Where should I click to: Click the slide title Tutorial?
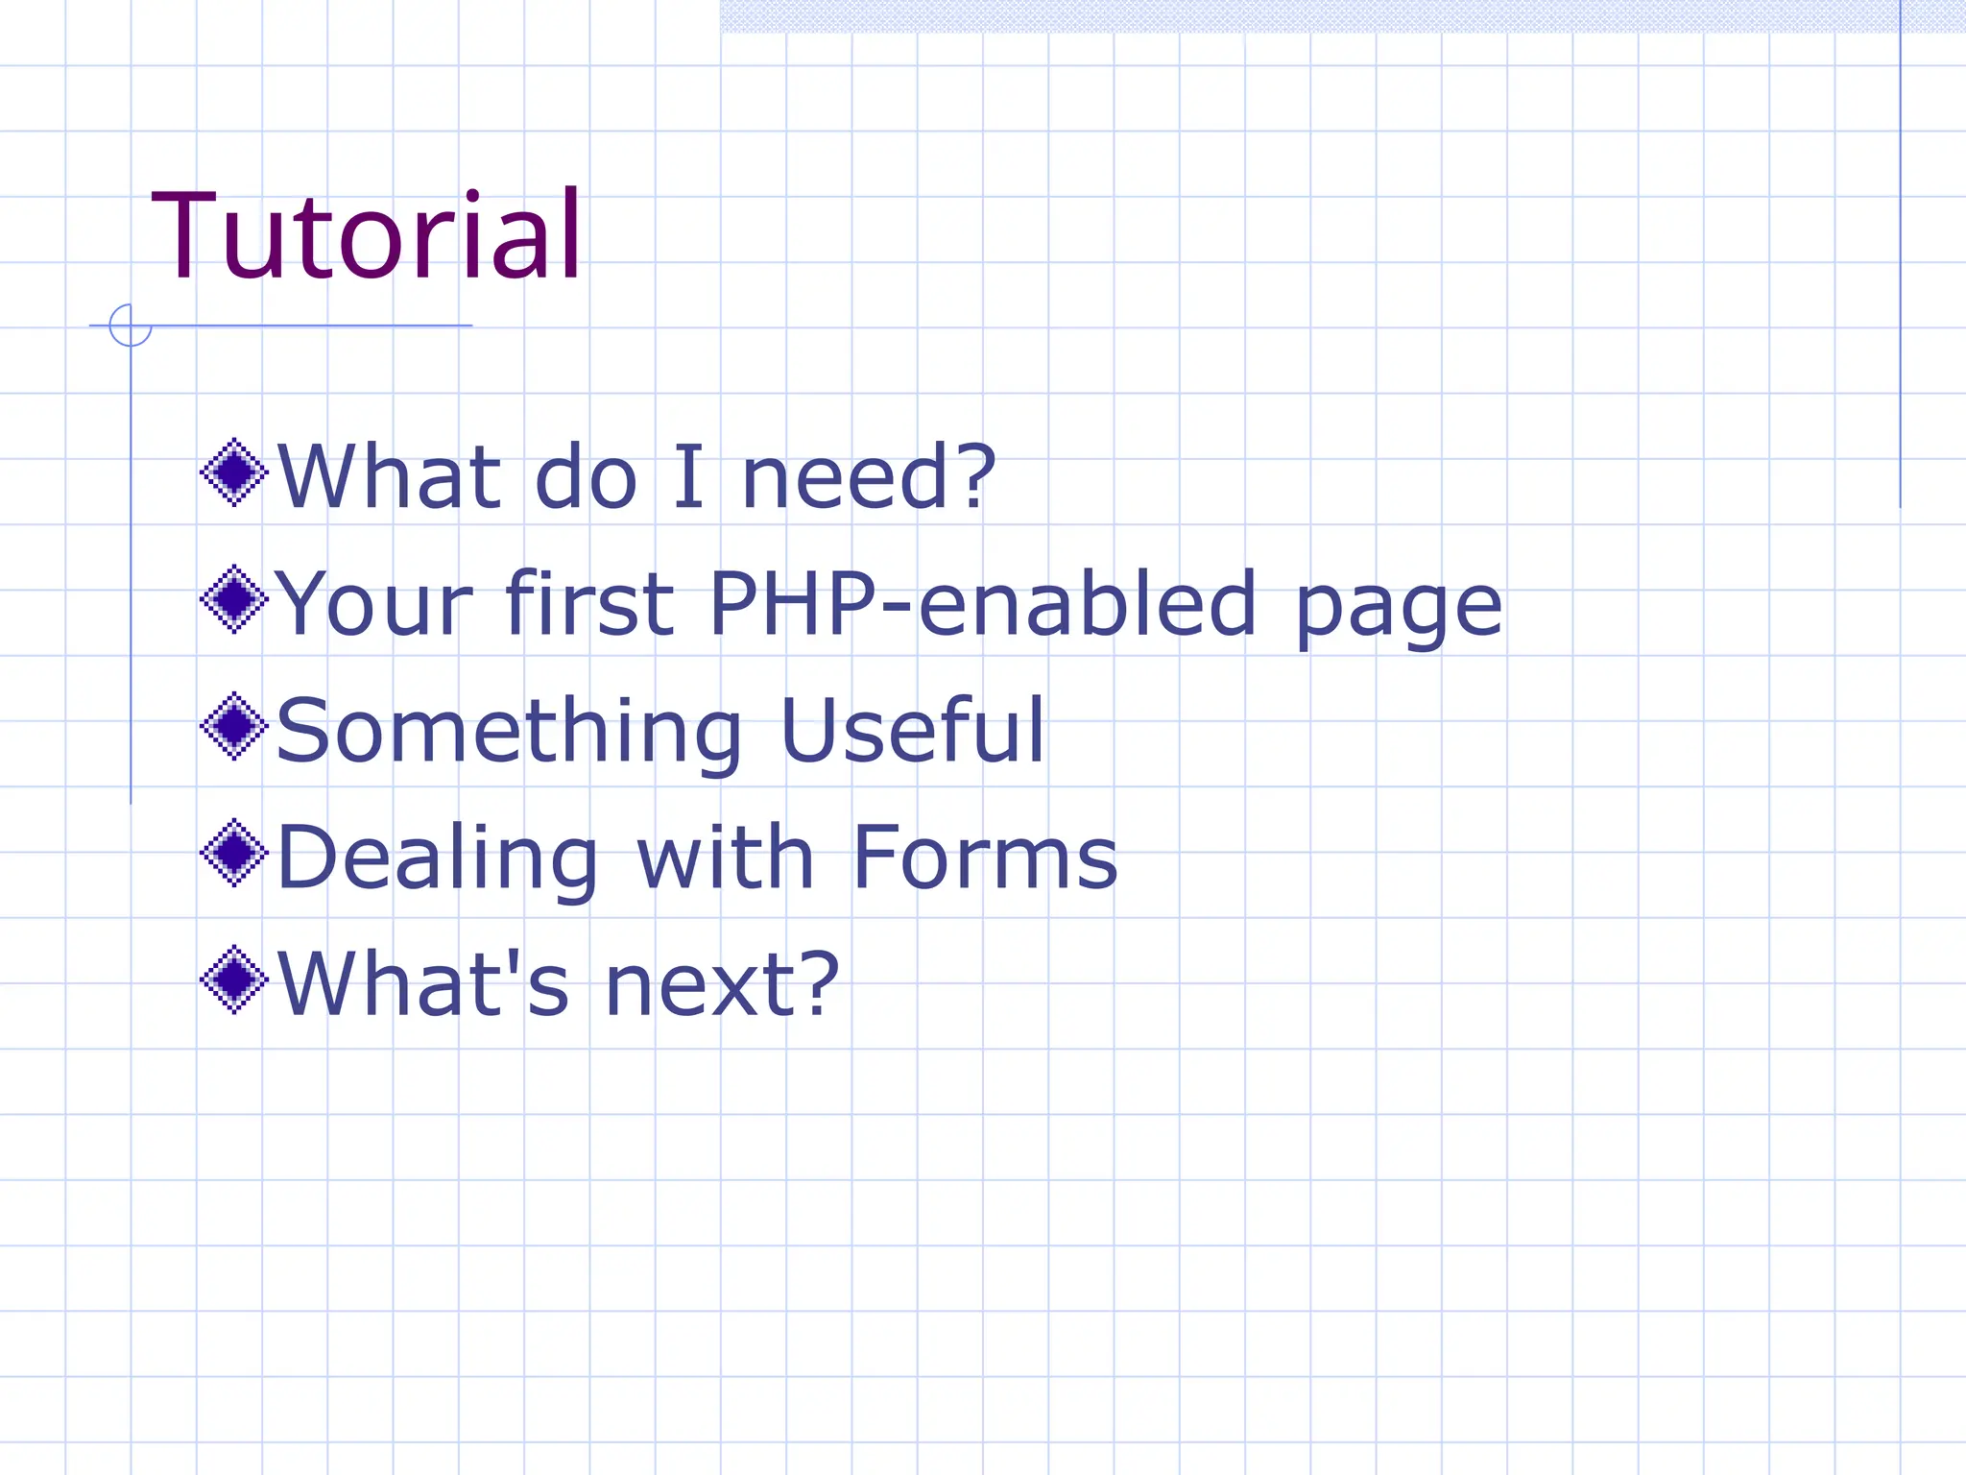click(367, 236)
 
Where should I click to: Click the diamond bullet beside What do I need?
click(233, 472)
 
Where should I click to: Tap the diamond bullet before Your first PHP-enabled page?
click(233, 599)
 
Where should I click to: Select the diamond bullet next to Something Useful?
click(233, 727)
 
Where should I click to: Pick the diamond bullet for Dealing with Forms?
click(233, 853)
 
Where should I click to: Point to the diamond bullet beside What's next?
click(233, 980)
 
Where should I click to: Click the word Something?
click(509, 732)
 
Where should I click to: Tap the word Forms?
click(985, 857)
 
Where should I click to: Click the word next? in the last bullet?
click(722, 984)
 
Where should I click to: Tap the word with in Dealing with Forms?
click(726, 857)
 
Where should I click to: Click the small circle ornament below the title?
click(130, 326)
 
